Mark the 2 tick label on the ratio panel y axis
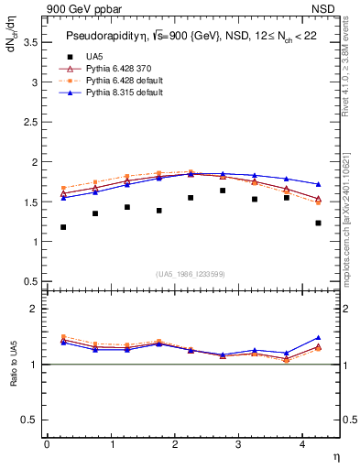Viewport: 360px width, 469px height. [35, 310]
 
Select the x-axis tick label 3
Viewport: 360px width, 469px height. [239, 443]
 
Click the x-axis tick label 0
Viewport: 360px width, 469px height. [47, 443]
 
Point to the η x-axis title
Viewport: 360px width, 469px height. [335, 455]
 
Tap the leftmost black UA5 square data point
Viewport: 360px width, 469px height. [63, 227]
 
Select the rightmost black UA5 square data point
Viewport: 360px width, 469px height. [319, 223]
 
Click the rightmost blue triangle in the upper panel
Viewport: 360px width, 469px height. [319, 184]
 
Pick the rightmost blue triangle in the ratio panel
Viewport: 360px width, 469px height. [319, 338]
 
